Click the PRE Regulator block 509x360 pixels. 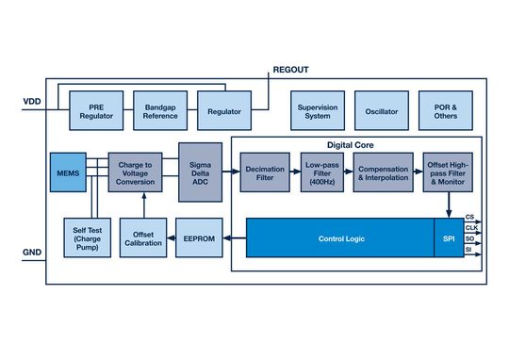pos(96,111)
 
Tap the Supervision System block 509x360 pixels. pos(317,111)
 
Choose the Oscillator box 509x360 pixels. pos(382,111)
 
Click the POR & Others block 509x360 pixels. pos(445,111)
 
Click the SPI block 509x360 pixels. pos(448,238)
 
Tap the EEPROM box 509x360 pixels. pos(202,238)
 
